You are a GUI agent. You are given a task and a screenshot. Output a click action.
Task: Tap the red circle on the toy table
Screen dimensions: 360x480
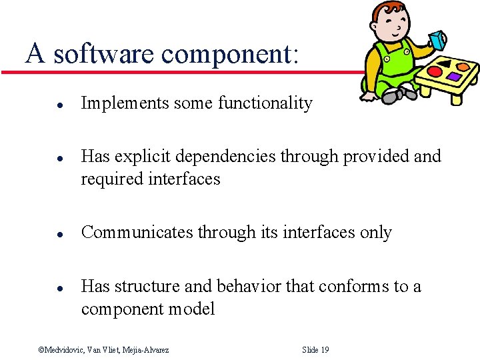(435, 71)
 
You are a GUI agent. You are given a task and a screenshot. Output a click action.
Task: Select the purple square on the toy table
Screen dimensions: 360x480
(455, 77)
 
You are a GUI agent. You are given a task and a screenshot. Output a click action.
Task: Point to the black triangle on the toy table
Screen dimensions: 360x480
(445, 64)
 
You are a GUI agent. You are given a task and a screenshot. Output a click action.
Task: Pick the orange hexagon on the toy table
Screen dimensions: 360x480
(462, 67)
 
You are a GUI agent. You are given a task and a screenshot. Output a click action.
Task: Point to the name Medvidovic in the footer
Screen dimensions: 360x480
(66, 350)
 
